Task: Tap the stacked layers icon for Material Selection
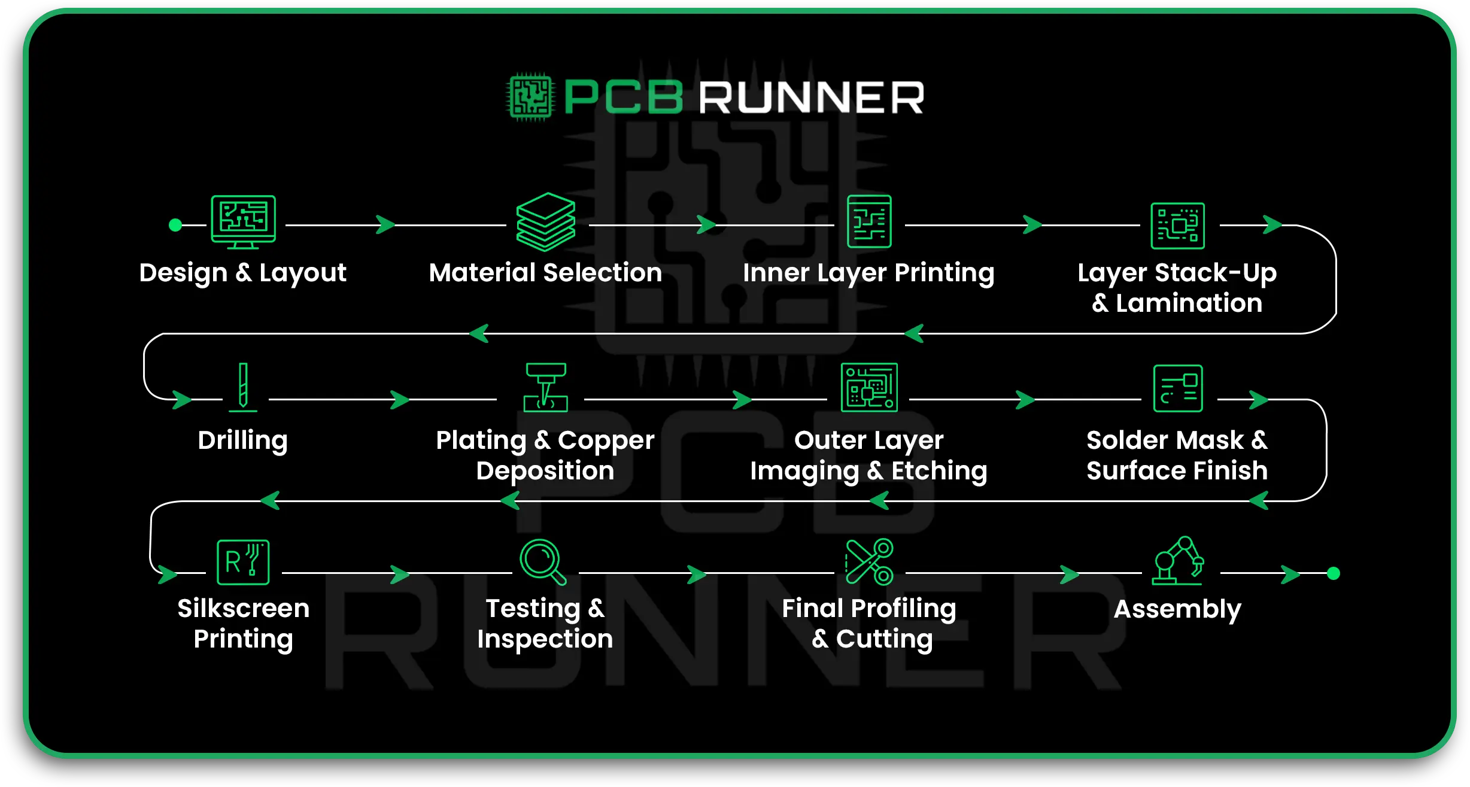coord(545,222)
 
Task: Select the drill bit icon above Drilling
coord(243,387)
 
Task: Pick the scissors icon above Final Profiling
coord(869,561)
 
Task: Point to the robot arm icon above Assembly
coord(1177,561)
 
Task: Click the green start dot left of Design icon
coord(175,225)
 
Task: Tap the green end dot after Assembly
coord(1334,573)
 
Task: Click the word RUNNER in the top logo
coord(812,98)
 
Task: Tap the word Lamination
coord(1189,303)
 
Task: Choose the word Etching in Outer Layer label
coord(939,471)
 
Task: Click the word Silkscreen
coord(244,609)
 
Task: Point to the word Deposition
coord(545,471)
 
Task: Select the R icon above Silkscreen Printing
coord(243,562)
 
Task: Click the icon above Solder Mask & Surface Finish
coord(1178,388)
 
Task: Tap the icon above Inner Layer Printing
coord(869,221)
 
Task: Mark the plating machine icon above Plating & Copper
coord(545,387)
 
